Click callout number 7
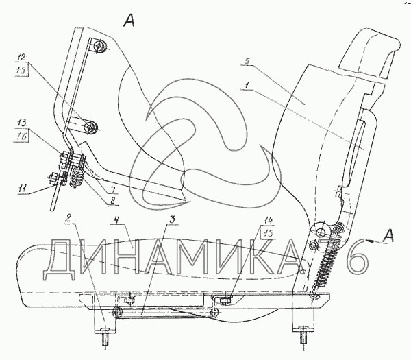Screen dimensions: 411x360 click(x=111, y=189)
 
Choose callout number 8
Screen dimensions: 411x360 click(x=112, y=202)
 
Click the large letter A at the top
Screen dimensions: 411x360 click(x=129, y=21)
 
